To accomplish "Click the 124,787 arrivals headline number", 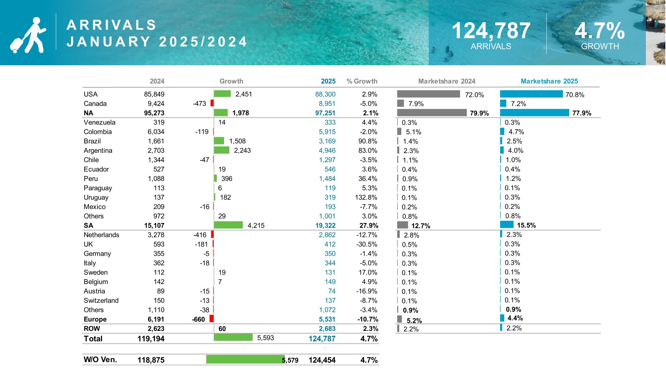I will [491, 31].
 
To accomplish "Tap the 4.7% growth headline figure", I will [600, 31].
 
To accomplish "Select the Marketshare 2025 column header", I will [549, 81].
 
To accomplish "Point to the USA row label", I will [91, 94].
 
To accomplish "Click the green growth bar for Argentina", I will [221, 150].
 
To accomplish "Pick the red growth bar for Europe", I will [212, 319].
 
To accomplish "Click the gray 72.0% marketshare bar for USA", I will [428, 94].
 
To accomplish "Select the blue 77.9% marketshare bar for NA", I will [534, 113].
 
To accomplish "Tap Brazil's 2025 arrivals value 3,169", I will [327, 141].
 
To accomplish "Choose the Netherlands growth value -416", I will [200, 235].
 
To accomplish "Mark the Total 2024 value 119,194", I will [151, 339].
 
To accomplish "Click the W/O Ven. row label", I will [100, 360].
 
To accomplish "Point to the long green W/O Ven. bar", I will [245, 359].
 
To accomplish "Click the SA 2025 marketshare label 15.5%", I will [526, 225].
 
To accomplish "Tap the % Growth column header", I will [362, 81].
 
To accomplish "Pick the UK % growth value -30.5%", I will [367, 244].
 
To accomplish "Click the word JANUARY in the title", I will [109, 42].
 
